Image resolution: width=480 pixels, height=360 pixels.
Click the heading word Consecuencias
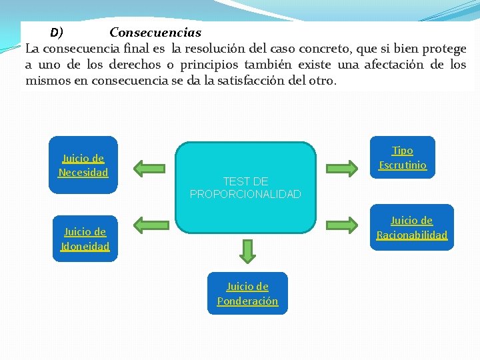click(x=155, y=32)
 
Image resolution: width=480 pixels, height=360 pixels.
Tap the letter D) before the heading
click(x=57, y=32)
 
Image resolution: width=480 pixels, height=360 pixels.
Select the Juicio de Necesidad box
click(x=83, y=165)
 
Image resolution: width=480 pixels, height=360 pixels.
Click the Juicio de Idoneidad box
click(x=85, y=239)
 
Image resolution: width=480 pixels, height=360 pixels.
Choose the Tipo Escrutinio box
click(x=402, y=157)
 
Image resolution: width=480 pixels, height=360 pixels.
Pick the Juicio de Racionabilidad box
click(x=411, y=227)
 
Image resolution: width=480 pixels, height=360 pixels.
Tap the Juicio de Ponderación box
click(x=247, y=293)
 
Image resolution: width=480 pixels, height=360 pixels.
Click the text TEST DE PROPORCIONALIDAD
click(x=245, y=187)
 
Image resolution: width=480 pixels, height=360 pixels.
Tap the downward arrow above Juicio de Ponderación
click(x=247, y=251)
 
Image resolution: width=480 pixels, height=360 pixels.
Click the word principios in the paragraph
click(x=207, y=65)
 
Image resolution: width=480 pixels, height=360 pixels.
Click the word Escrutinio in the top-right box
click(x=403, y=165)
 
